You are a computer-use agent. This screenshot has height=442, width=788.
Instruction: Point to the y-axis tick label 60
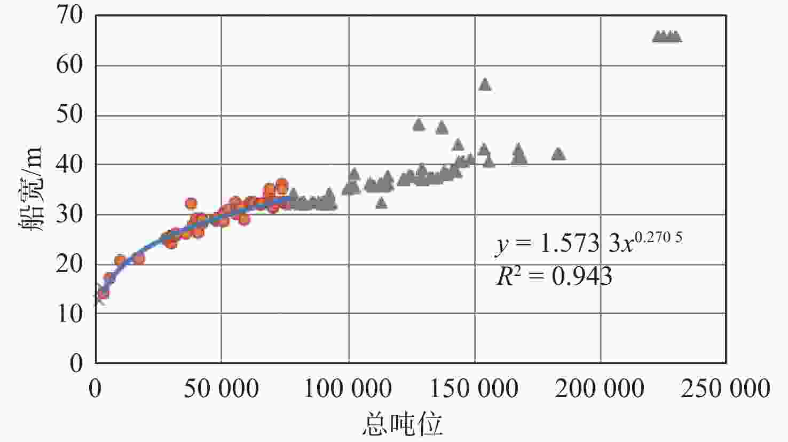pyautogui.click(x=70, y=65)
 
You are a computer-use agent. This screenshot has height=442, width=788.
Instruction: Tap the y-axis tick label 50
pyautogui.click(x=70, y=115)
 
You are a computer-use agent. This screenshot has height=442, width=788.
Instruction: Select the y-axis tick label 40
pyautogui.click(x=70, y=165)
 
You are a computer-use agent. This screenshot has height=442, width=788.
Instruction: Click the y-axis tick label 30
pyautogui.click(x=70, y=214)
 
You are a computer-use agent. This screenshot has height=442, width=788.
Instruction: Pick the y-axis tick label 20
pyautogui.click(x=70, y=264)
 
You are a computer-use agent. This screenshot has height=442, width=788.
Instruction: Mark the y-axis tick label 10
pyautogui.click(x=70, y=314)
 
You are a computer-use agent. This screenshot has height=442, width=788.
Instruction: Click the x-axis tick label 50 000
pyautogui.click(x=221, y=389)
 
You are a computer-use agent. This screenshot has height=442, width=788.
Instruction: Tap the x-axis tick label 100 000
pyautogui.click(x=348, y=389)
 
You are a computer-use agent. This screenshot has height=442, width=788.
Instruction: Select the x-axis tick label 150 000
pyautogui.click(x=474, y=389)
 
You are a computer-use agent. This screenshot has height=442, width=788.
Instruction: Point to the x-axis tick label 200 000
pyautogui.click(x=600, y=389)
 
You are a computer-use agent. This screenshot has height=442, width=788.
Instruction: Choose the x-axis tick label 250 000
pyautogui.click(x=726, y=389)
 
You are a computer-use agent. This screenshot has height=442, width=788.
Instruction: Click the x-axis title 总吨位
pyautogui.click(x=402, y=424)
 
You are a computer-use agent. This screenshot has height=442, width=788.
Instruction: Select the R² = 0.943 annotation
pyautogui.click(x=554, y=276)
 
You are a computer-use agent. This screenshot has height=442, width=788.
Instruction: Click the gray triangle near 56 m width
pyautogui.click(x=485, y=84)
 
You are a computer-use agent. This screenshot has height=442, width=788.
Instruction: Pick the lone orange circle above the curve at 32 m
pyautogui.click(x=191, y=204)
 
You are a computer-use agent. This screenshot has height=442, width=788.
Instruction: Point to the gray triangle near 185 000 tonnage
pyautogui.click(x=558, y=154)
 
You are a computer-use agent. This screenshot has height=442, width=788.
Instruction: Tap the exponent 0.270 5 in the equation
pyautogui.click(x=658, y=237)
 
